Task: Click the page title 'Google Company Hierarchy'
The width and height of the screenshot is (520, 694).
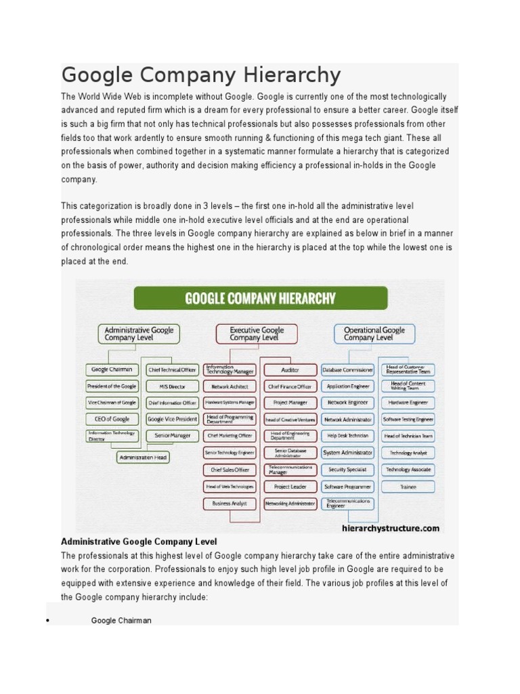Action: (201, 75)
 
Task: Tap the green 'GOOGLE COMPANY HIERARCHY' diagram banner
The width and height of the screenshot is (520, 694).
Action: (261, 298)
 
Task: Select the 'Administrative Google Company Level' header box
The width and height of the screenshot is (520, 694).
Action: (139, 333)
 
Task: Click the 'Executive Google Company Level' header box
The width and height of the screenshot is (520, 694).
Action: (257, 333)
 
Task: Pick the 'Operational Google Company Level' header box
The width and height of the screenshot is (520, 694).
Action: (374, 333)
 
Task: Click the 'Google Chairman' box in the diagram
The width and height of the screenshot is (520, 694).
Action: (112, 369)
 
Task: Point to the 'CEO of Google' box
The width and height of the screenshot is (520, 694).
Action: (112, 420)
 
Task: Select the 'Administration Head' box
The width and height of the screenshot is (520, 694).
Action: (143, 457)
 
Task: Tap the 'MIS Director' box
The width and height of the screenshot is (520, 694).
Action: (172, 386)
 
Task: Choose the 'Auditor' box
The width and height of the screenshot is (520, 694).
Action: (290, 370)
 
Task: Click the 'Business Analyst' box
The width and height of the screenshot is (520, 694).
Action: (230, 504)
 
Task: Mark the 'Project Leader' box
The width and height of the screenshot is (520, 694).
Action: (290, 487)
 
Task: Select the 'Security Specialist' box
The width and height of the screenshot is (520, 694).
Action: (347, 470)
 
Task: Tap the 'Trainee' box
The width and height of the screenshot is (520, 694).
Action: (408, 487)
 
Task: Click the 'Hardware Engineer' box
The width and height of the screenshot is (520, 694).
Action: (408, 403)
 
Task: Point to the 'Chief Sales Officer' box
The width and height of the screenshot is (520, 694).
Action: (230, 470)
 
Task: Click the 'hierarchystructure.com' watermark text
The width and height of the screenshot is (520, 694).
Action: (391, 528)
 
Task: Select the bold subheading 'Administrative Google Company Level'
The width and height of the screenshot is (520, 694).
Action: (139, 542)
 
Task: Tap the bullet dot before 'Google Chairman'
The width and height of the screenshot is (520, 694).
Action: (48, 621)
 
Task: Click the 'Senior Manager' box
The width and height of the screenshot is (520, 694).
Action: (172, 436)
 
